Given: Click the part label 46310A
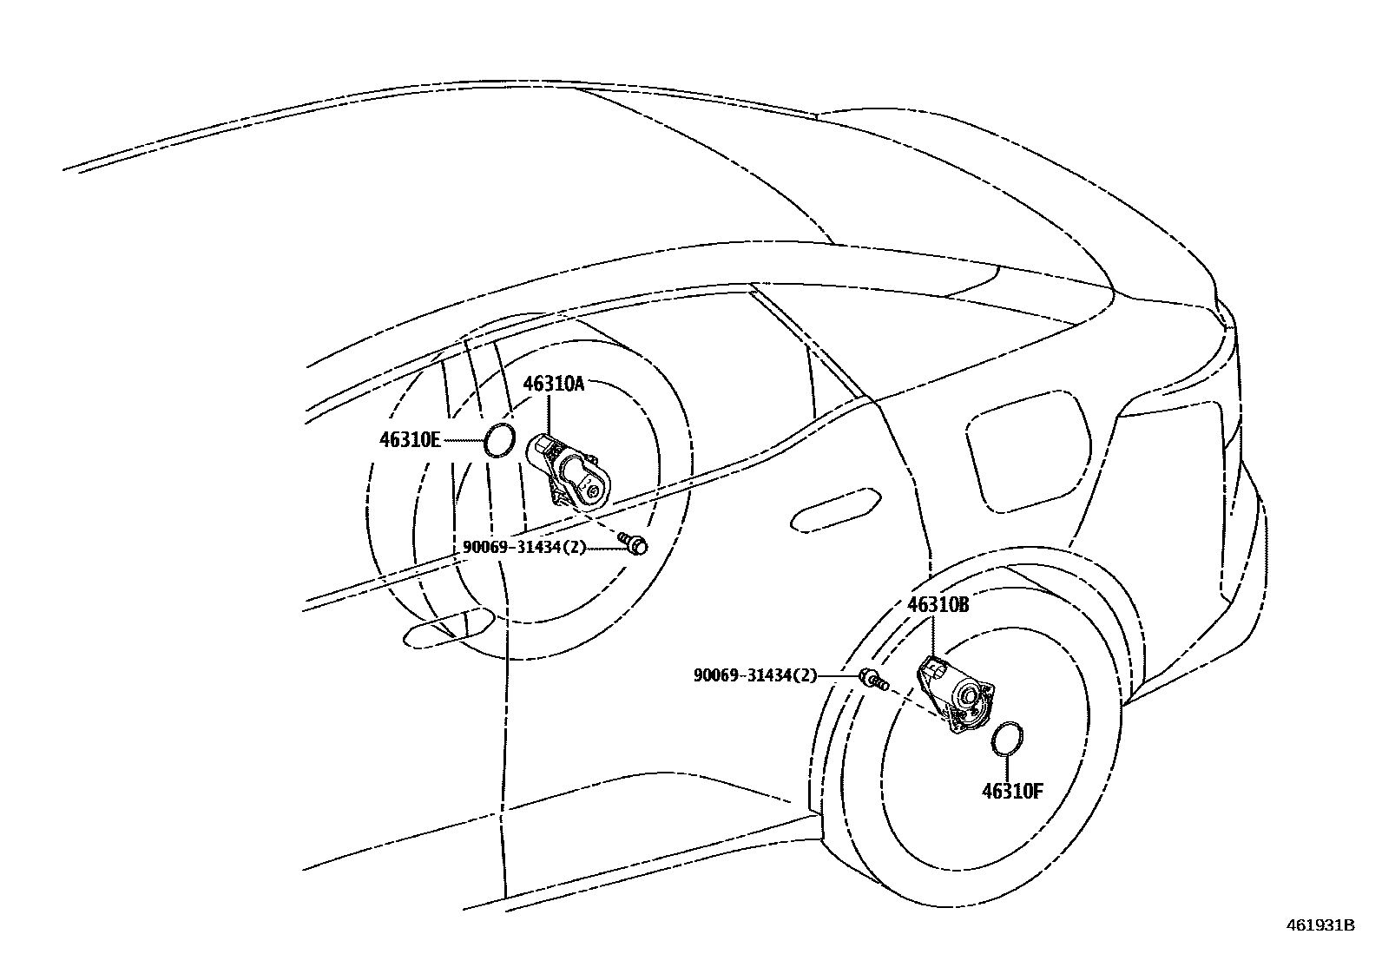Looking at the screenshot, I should point(553,384).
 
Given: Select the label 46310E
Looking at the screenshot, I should point(410,440).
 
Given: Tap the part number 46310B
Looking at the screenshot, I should point(938,605).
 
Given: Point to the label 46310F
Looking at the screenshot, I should point(1012,791).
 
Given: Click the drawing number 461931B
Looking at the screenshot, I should point(1319,925).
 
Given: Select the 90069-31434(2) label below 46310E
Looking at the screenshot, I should point(524,547).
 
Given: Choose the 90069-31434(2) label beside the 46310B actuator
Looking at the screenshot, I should point(755,674).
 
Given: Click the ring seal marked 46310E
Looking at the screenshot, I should point(499,440).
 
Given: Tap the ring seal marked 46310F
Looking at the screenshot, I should point(1007,738).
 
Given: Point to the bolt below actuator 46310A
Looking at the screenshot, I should point(634,543).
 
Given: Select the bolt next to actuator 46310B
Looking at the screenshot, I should point(872,679).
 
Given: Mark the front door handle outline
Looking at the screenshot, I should point(448,627).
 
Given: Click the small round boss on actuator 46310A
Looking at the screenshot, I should point(594,491).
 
